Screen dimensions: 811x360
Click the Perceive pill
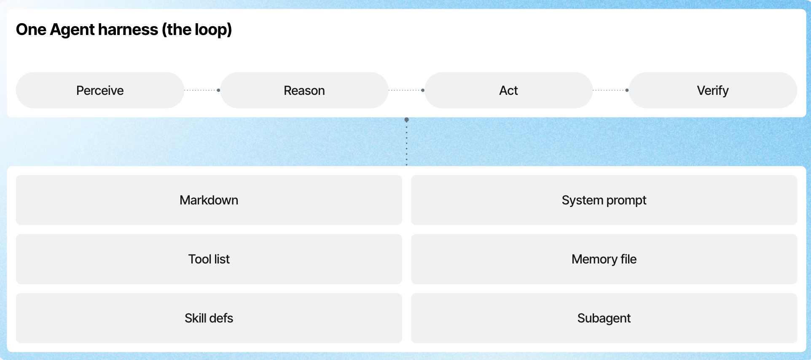pos(100,90)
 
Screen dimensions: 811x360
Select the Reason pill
pos(304,90)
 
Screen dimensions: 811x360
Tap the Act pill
pos(509,90)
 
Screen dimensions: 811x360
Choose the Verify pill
pos(713,90)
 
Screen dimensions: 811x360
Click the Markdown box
pos(209,200)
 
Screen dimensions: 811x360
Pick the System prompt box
pos(604,200)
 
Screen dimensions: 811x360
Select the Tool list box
pos(209,259)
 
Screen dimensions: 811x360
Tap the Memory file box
pos(604,259)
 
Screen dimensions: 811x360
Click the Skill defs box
pos(209,318)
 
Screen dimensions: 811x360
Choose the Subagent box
pos(604,318)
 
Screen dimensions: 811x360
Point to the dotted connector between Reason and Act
pos(406,90)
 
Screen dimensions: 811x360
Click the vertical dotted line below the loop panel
pos(406,142)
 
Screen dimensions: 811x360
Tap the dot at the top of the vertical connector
pos(406,120)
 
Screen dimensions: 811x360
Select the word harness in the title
pos(128,30)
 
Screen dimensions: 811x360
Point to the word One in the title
pos(31,30)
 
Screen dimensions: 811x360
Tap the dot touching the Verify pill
pos(627,90)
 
